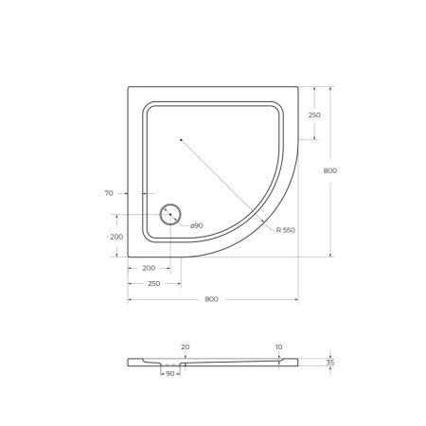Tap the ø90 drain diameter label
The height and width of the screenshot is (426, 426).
[x=196, y=225]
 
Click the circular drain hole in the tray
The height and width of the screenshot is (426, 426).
[x=170, y=215]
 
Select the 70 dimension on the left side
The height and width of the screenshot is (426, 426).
[x=109, y=193]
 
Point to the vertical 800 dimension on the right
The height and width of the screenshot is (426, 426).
[x=329, y=170]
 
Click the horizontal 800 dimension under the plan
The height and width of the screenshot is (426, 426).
[x=211, y=299]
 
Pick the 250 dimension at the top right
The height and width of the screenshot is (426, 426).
[x=314, y=115]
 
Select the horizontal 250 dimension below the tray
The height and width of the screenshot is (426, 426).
[x=152, y=283]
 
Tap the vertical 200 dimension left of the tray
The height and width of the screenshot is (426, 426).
[x=116, y=237]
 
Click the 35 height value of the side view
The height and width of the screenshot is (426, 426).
[x=329, y=362]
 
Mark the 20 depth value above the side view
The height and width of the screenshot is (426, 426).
[x=186, y=346]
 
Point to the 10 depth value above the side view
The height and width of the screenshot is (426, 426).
[x=278, y=346]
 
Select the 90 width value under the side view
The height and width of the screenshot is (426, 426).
[x=170, y=374]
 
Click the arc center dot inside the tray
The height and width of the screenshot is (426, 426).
[x=181, y=140]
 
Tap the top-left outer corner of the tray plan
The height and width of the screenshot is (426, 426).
[x=129, y=87]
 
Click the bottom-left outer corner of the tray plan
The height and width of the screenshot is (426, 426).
[x=129, y=257]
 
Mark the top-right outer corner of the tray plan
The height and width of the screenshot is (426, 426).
[x=298, y=87]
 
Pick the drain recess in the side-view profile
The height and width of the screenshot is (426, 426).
[x=169, y=365]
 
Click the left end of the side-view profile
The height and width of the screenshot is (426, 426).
[x=130, y=362]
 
